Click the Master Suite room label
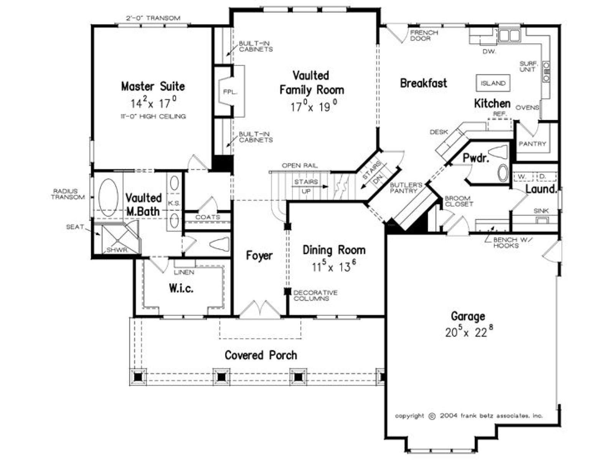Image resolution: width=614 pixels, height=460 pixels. click(153, 86)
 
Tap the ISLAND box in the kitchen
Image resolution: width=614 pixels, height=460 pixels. click(493, 83)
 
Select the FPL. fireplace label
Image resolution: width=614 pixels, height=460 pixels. click(230, 92)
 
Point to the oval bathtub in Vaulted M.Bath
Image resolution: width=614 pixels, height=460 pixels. click(109, 197)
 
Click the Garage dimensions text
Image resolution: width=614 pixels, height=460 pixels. click(469, 332)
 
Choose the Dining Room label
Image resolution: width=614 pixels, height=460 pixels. click(334, 250)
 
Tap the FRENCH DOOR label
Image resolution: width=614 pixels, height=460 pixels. click(424, 36)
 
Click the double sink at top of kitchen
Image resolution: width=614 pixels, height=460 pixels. click(509, 36)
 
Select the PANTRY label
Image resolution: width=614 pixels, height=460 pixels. click(532, 144)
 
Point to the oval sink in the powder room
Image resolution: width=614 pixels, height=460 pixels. click(503, 173)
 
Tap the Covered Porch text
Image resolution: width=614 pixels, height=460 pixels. click(261, 355)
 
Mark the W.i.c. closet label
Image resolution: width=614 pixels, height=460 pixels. click(181, 289)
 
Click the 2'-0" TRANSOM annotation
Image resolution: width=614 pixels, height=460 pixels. click(153, 18)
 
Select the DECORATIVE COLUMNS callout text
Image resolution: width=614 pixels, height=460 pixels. click(315, 296)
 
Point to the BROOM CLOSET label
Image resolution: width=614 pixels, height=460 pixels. click(459, 201)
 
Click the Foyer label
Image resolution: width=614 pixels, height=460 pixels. click(259, 256)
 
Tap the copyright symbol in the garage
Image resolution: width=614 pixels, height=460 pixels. click(432, 416)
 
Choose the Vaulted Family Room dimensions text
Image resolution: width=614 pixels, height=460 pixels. click(314, 107)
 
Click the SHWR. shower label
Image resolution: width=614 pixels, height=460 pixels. click(117, 250)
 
